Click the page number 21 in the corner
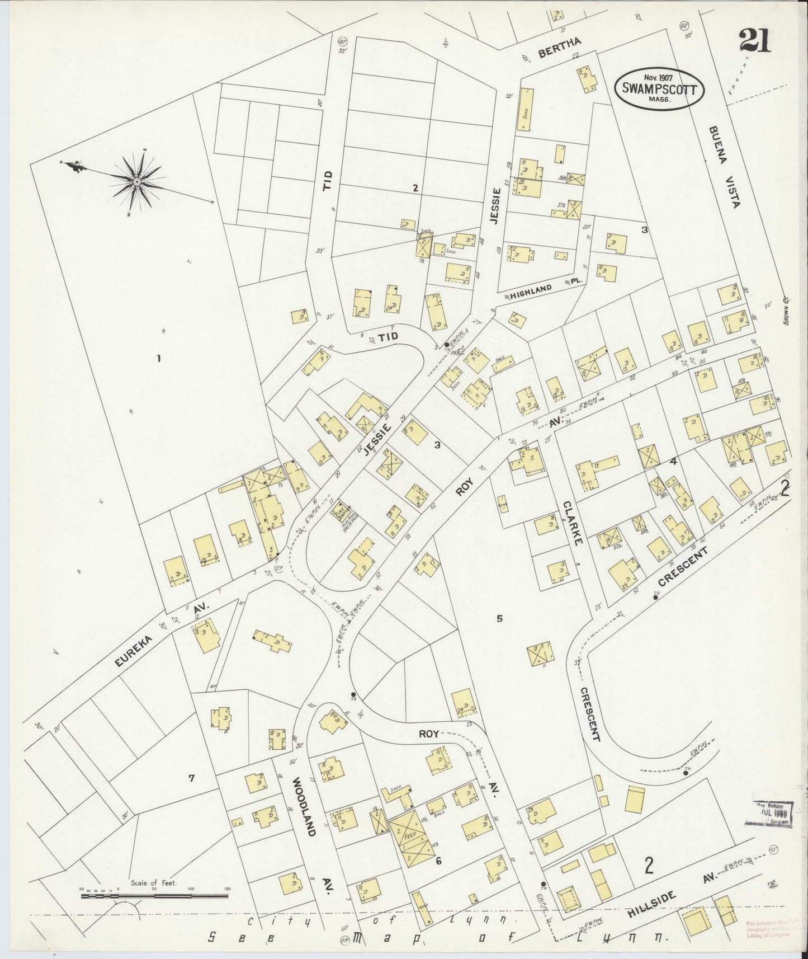754,40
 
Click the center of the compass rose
137,181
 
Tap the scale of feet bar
154,896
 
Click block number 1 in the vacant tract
159,359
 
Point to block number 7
191,777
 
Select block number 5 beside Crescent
499,619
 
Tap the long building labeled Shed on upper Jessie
525,110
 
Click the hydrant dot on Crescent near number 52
655,598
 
